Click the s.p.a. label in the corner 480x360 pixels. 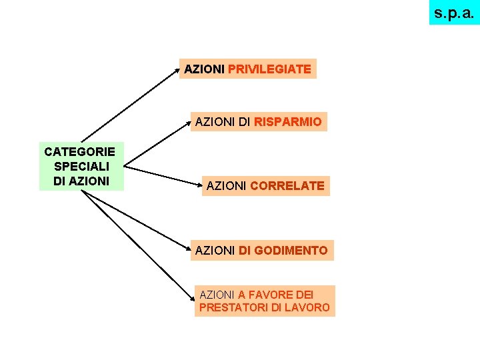[454, 12]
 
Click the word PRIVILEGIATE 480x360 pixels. [269, 69]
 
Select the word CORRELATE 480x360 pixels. [287, 186]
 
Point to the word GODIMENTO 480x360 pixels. [291, 251]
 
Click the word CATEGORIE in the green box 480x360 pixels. [80, 153]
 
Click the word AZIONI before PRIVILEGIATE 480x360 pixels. [205, 69]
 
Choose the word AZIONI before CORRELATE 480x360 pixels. [227, 186]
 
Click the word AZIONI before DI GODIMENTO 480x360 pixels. [215, 251]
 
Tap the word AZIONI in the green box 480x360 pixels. [89, 180]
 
